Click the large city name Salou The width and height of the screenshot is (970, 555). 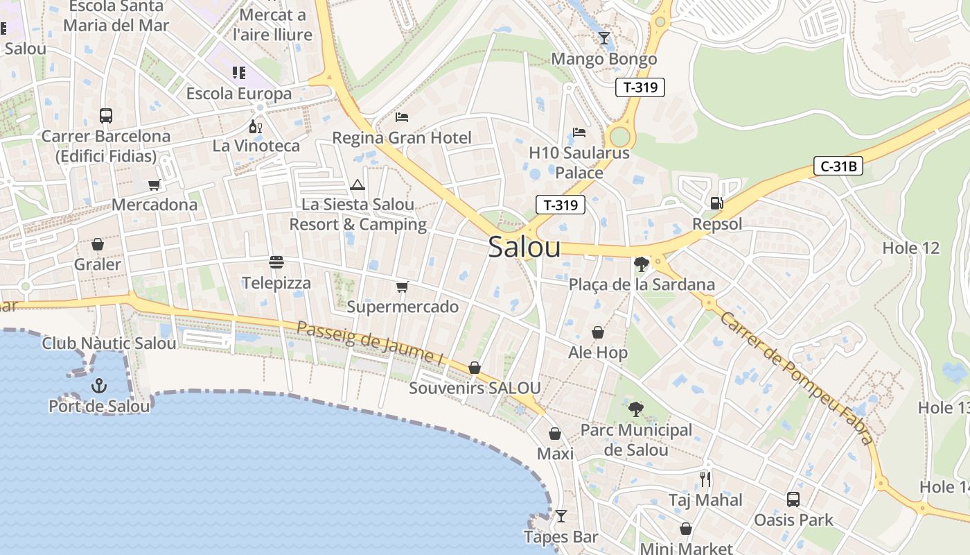click(x=524, y=248)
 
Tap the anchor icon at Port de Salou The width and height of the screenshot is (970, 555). click(x=99, y=386)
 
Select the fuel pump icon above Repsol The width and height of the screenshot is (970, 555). click(x=717, y=203)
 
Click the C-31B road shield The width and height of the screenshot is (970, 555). click(x=838, y=166)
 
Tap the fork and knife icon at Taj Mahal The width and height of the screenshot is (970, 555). click(x=705, y=479)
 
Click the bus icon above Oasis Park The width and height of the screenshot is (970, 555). click(x=793, y=499)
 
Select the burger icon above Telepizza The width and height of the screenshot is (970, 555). click(x=276, y=262)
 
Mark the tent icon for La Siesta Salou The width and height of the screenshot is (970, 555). click(x=358, y=185)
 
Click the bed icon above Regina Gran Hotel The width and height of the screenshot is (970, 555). click(x=402, y=117)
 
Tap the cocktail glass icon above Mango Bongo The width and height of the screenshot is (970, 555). click(x=604, y=37)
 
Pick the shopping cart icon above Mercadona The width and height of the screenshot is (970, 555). click(x=155, y=185)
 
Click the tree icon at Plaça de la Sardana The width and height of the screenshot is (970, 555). click(x=641, y=264)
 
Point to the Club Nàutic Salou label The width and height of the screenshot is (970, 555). click(x=109, y=343)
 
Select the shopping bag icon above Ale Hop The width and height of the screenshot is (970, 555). click(x=597, y=333)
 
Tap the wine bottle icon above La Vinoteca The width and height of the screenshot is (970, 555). click(x=256, y=126)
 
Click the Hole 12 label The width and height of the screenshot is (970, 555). click(x=910, y=248)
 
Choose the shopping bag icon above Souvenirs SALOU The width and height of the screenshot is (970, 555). click(x=475, y=368)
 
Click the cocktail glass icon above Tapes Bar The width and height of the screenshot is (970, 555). click(x=561, y=516)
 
